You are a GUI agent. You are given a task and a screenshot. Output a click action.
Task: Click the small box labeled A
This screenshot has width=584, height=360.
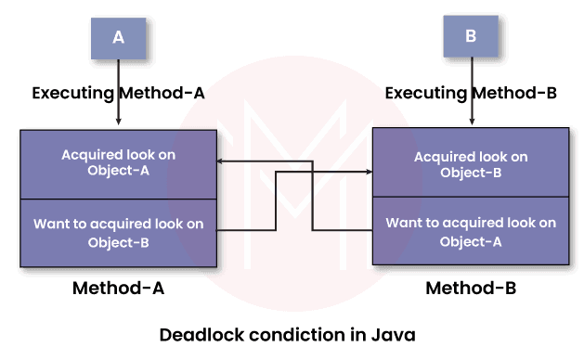118,38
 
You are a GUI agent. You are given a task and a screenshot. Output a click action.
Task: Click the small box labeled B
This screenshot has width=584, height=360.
471,38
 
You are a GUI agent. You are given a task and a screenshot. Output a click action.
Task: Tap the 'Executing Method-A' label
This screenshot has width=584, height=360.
119,94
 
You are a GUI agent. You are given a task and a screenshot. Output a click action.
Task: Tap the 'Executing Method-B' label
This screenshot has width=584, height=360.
471,94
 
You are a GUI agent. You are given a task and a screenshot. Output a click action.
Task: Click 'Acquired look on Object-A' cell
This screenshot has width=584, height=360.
119,163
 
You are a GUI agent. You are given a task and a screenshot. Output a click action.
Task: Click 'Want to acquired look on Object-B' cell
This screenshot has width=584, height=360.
119,232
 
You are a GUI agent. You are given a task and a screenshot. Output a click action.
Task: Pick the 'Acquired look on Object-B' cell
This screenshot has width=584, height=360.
471,163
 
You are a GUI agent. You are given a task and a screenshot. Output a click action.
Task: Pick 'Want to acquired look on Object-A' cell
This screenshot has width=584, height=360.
471,232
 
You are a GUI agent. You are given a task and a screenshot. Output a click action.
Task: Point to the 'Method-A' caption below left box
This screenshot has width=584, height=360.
119,289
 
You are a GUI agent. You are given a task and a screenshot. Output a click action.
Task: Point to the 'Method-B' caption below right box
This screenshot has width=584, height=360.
471,289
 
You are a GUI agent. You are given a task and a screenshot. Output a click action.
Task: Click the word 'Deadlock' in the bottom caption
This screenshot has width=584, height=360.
199,334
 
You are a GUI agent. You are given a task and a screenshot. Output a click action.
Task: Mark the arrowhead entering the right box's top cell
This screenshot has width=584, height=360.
368,173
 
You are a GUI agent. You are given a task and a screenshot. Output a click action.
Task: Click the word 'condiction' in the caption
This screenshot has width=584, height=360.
302,334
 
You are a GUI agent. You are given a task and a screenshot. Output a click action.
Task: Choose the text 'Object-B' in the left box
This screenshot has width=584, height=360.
119,242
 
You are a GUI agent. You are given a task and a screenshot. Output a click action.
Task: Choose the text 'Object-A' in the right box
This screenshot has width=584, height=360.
471,242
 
